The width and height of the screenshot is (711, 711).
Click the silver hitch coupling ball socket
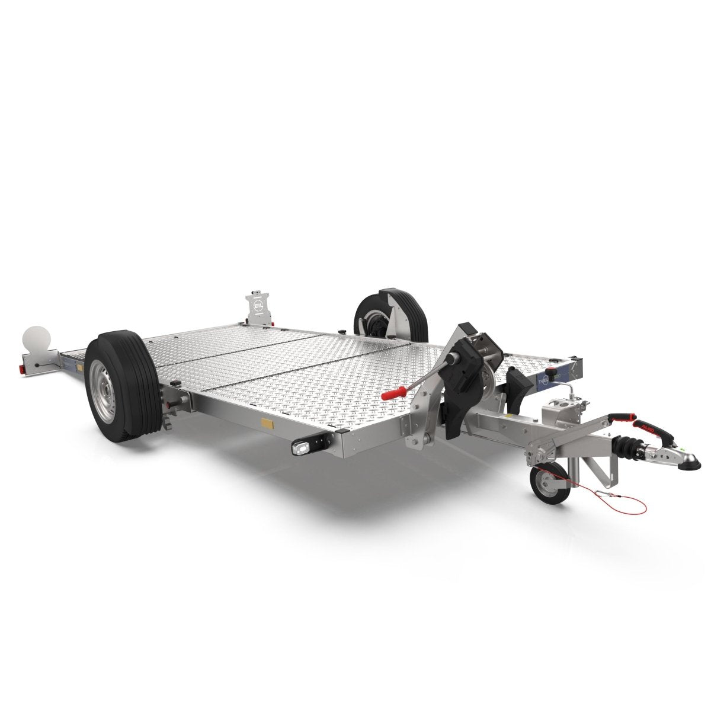(x=682, y=459)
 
